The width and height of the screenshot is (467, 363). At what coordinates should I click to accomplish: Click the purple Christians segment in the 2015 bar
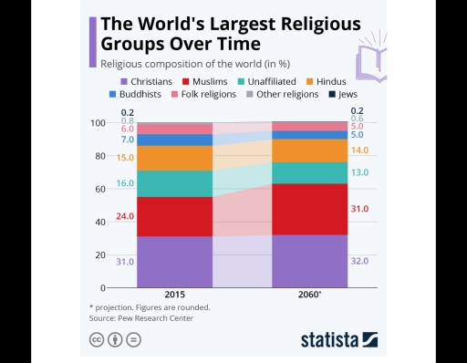pos(174,262)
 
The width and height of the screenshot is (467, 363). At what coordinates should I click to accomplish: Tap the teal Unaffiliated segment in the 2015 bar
pos(174,183)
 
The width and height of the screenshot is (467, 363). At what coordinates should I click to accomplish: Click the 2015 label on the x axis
pos(175,296)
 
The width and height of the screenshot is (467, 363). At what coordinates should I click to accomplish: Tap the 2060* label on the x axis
pos(309,296)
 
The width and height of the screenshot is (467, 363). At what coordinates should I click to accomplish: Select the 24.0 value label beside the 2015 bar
pos(125,216)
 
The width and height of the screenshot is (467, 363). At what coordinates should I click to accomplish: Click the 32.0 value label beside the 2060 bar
pos(358,261)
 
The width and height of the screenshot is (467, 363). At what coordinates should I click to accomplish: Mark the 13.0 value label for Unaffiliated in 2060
pos(358,173)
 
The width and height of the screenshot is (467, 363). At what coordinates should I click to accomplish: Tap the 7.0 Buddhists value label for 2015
pos(127,140)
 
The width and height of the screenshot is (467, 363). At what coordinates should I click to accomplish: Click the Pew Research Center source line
pos(140,318)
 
